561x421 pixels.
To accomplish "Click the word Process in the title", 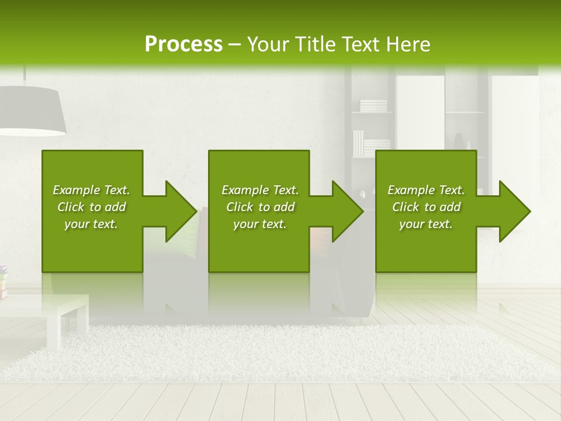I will pos(183,44).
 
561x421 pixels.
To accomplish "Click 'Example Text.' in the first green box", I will pos(91,190).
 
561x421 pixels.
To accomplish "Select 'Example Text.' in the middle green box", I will pos(259,190).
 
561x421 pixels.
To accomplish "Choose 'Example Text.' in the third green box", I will pos(426,190).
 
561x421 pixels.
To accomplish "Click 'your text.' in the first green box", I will pos(91,224).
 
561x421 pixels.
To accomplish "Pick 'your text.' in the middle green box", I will pos(259,224).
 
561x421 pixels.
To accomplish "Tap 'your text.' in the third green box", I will pos(426,224).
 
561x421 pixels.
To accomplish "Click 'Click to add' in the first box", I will pos(91,207).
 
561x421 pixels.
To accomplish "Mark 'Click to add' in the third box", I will pos(426,207).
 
